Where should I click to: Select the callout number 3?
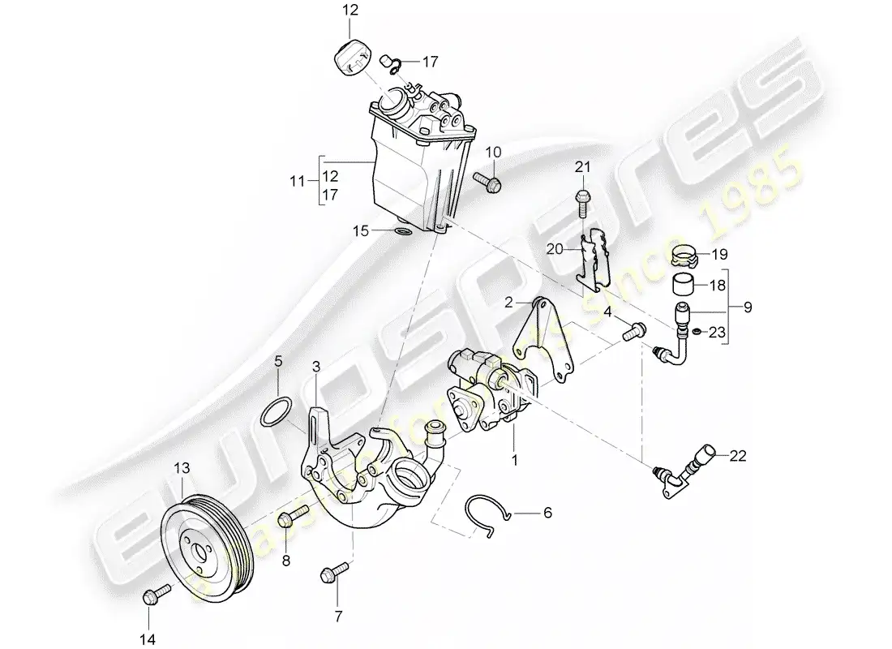tap(316, 370)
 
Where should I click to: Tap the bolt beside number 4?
tap(633, 330)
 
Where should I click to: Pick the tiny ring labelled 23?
tap(695, 331)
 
